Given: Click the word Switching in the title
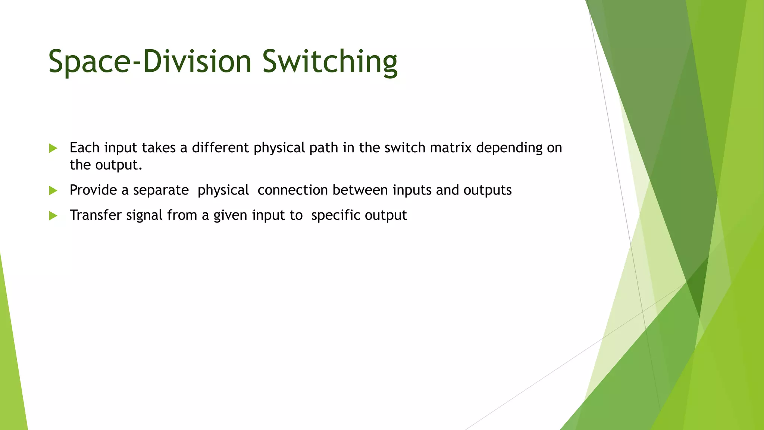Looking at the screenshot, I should coord(330,62).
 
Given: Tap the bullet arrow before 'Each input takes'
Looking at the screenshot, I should coord(53,149).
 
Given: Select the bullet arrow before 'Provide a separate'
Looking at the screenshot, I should coord(53,191).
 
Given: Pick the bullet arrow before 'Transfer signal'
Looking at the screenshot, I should coord(53,216).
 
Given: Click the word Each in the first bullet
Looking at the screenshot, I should coord(84,148).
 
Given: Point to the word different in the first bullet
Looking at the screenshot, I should coord(220,148).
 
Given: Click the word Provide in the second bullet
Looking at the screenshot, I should coord(93,190).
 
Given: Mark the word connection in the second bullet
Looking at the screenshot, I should coord(292,190).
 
